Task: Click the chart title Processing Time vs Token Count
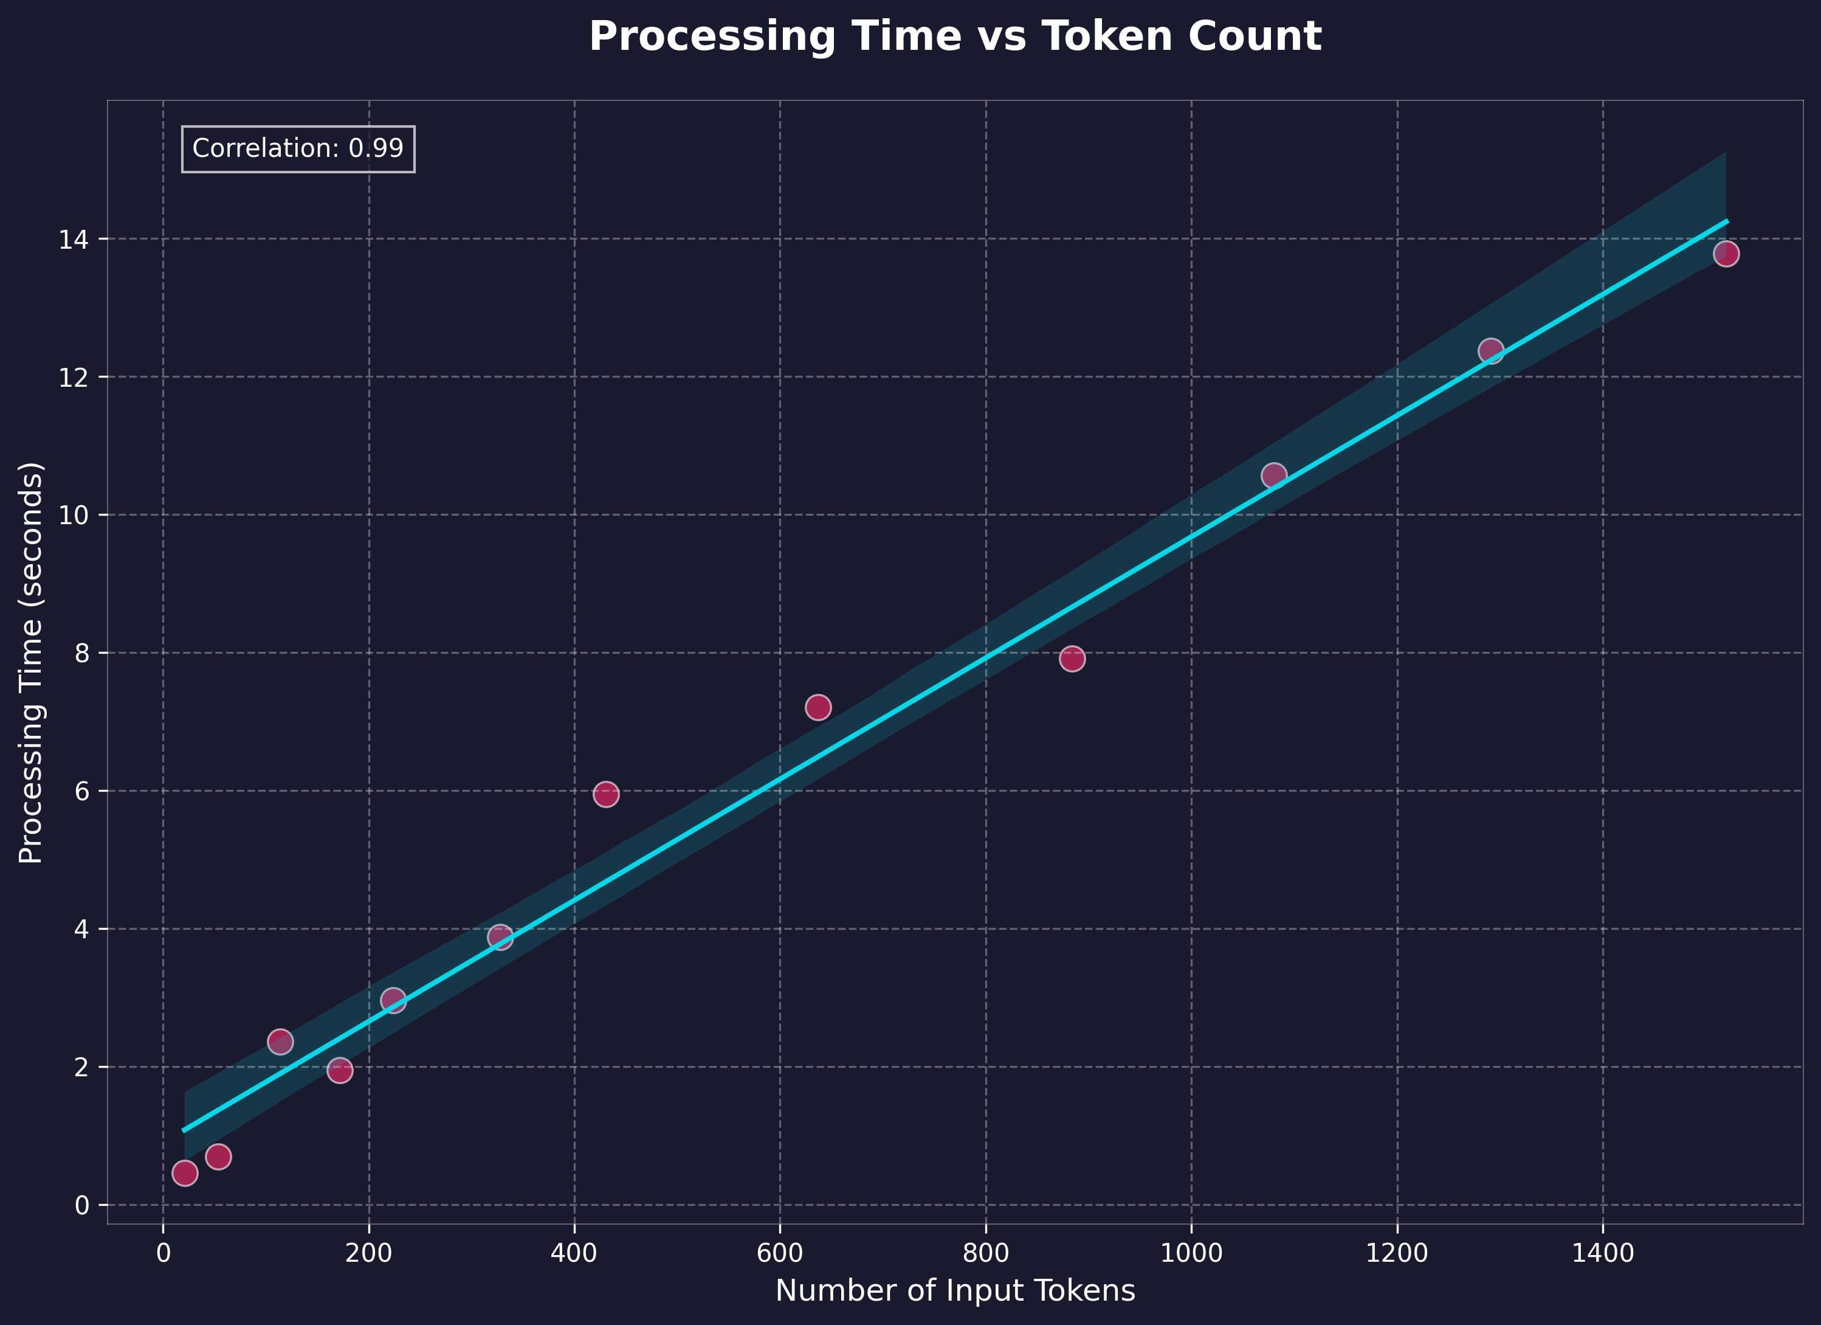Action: (955, 37)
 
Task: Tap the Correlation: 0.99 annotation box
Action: (298, 148)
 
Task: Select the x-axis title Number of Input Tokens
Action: (955, 1290)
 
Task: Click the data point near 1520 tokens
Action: (1726, 254)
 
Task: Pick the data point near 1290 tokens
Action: (1490, 351)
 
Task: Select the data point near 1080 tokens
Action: (1273, 476)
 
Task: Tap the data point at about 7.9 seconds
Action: (1072, 659)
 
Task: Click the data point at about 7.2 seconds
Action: (818, 707)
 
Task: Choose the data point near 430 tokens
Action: (605, 794)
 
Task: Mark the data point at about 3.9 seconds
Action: (500, 936)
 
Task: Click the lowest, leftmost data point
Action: (185, 1173)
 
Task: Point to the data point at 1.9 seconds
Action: (340, 1070)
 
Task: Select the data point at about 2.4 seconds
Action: (280, 1042)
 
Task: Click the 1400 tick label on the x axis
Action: (1603, 1253)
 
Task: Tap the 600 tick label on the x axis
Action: (780, 1253)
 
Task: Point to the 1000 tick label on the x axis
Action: (1191, 1253)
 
